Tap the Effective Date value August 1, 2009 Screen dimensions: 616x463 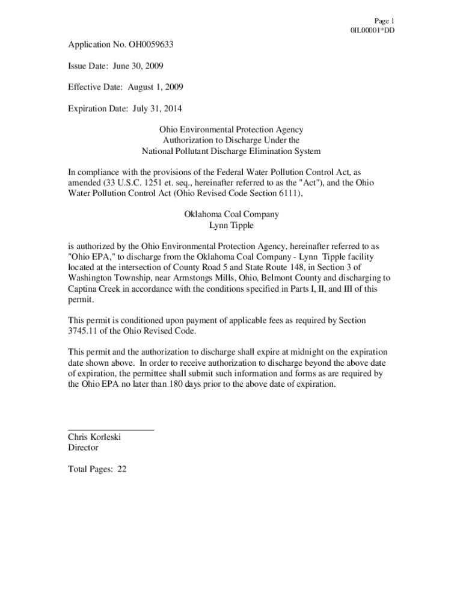pos(155,87)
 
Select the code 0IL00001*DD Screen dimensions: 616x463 pos(373,30)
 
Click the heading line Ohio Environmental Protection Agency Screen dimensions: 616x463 pos(231,129)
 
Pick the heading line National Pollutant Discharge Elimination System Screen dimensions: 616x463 pos(231,151)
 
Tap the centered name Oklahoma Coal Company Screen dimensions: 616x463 pos(231,214)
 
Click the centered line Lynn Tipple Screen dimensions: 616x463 pos(231,225)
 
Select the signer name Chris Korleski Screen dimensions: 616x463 pos(94,437)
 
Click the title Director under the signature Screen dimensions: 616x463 pos(83,448)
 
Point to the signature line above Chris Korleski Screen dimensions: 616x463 pos(111,429)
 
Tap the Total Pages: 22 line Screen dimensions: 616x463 pos(97,469)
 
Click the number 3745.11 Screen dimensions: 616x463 pos(84,331)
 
